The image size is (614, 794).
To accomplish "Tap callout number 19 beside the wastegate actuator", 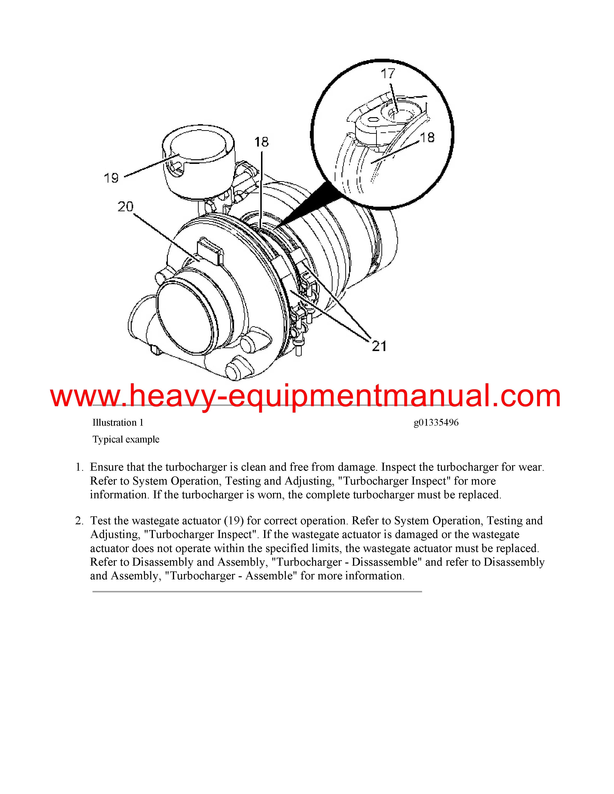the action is (x=111, y=178).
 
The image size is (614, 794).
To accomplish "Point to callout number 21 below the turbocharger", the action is (x=379, y=346).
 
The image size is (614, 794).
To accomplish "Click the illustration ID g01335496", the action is (x=436, y=423).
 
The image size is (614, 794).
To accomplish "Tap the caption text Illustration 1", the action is (x=118, y=423).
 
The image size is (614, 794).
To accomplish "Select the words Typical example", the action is (x=126, y=440).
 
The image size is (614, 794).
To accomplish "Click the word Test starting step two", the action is (x=100, y=521).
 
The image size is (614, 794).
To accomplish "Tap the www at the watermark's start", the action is (x=85, y=396).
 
